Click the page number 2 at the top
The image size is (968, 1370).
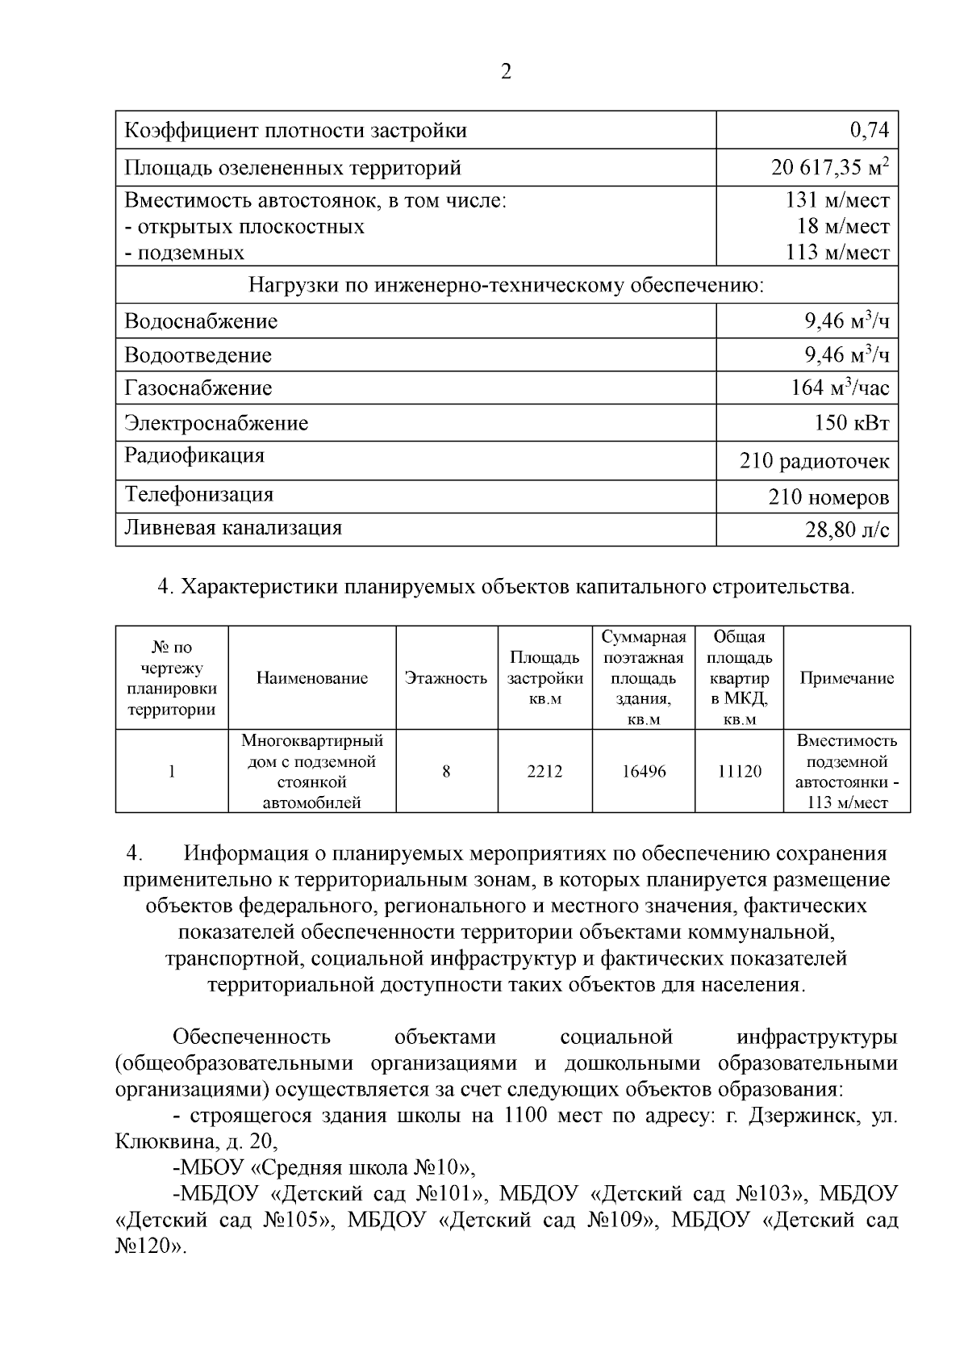[506, 72]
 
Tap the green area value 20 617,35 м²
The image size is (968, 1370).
[829, 168]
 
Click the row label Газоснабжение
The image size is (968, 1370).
[198, 388]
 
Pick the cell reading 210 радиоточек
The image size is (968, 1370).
[814, 461]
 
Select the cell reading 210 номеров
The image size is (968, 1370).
[828, 496]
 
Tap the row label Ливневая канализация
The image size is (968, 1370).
[232, 528]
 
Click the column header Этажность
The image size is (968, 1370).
[446, 678]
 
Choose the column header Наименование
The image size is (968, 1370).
[311, 678]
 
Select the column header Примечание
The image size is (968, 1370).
[846, 678]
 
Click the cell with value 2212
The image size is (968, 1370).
[544, 771]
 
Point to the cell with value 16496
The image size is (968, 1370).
[644, 771]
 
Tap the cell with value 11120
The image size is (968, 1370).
[739, 771]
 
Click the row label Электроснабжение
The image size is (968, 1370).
[215, 423]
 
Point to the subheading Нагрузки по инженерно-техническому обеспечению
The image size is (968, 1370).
[506, 286]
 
